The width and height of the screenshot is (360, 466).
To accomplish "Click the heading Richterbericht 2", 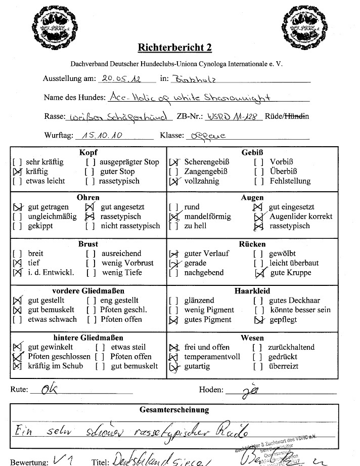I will (174, 48).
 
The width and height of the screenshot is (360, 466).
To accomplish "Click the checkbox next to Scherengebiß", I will (174, 162).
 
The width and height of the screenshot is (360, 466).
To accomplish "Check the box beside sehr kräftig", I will (17, 162).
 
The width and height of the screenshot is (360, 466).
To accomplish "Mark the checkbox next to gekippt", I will (17, 226).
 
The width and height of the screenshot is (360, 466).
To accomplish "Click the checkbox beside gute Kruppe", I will (260, 273).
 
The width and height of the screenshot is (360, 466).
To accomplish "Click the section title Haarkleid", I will (252, 291).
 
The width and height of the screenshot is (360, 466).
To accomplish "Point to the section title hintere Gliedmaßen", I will (88, 337).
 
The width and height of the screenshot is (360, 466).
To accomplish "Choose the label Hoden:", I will (211, 390).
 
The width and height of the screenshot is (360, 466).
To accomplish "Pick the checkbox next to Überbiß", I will (259, 172).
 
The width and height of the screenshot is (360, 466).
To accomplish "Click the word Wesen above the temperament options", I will (252, 337).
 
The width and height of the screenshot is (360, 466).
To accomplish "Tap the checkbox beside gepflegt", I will (259, 320).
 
